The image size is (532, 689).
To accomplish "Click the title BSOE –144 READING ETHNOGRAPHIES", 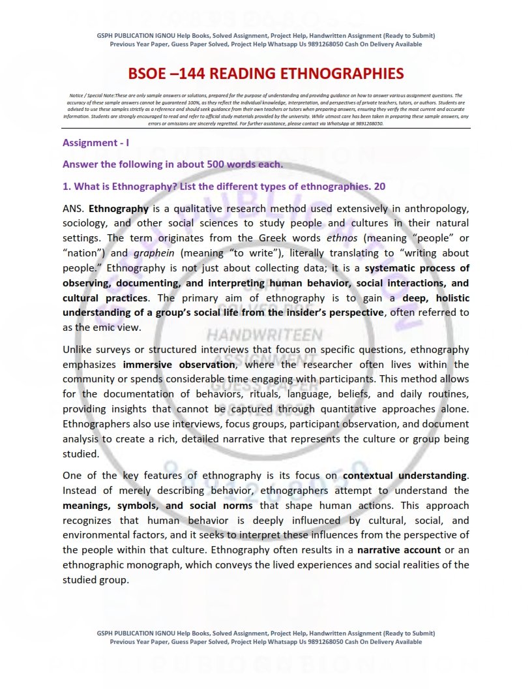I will tap(265, 73).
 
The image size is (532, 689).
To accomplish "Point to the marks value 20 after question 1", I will tap(379, 186).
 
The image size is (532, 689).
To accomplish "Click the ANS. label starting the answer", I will tap(74, 209).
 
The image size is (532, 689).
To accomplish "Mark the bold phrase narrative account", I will tap(399, 549).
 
